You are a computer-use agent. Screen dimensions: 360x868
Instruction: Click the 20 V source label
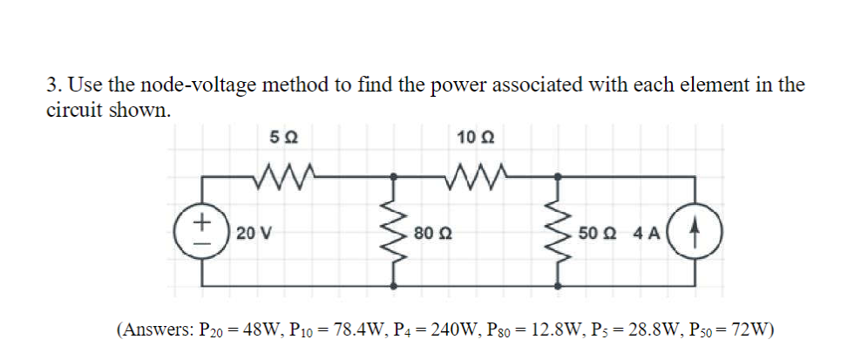tap(253, 234)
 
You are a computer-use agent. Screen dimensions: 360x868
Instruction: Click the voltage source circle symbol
tap(201, 233)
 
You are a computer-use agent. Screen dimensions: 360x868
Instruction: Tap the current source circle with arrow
tap(695, 233)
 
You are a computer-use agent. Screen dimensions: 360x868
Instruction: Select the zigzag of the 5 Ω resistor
tap(283, 177)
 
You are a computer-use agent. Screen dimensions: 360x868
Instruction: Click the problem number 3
tap(52, 85)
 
